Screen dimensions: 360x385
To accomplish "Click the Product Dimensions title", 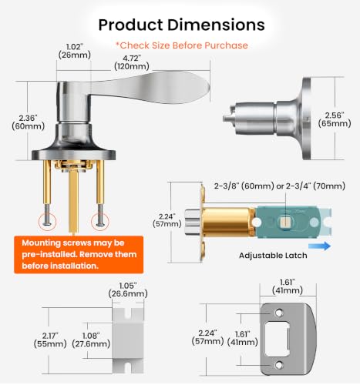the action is coord(181,25).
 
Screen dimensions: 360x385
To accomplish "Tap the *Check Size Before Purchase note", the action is coord(182,45).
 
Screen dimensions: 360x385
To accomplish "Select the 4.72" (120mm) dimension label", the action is coord(132,62).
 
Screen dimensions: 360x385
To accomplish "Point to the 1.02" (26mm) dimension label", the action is coord(75,51).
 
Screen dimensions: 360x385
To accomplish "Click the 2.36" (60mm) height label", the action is coord(29,122).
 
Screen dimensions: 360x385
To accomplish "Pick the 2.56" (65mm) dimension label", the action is coord(335,119).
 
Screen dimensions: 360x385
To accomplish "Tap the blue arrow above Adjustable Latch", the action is coord(319,246).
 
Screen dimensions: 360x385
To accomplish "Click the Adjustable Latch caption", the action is coord(273,256).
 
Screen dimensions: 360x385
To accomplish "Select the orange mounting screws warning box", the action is coord(79,255).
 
